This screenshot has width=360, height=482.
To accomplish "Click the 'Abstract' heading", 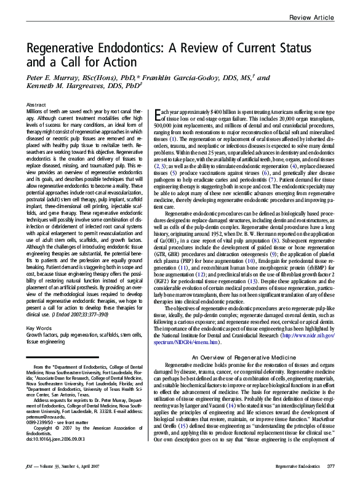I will (x=37, y=105).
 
